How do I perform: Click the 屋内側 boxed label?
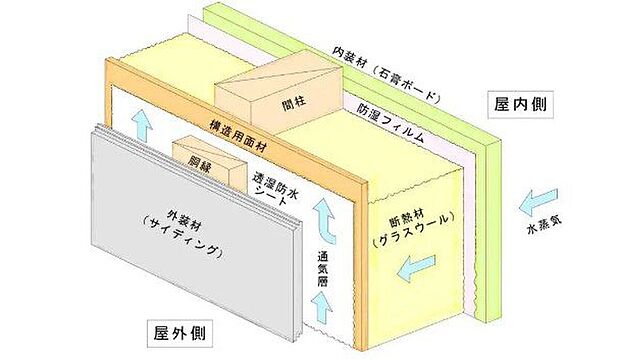[522, 103]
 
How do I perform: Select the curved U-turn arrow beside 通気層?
[325, 214]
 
